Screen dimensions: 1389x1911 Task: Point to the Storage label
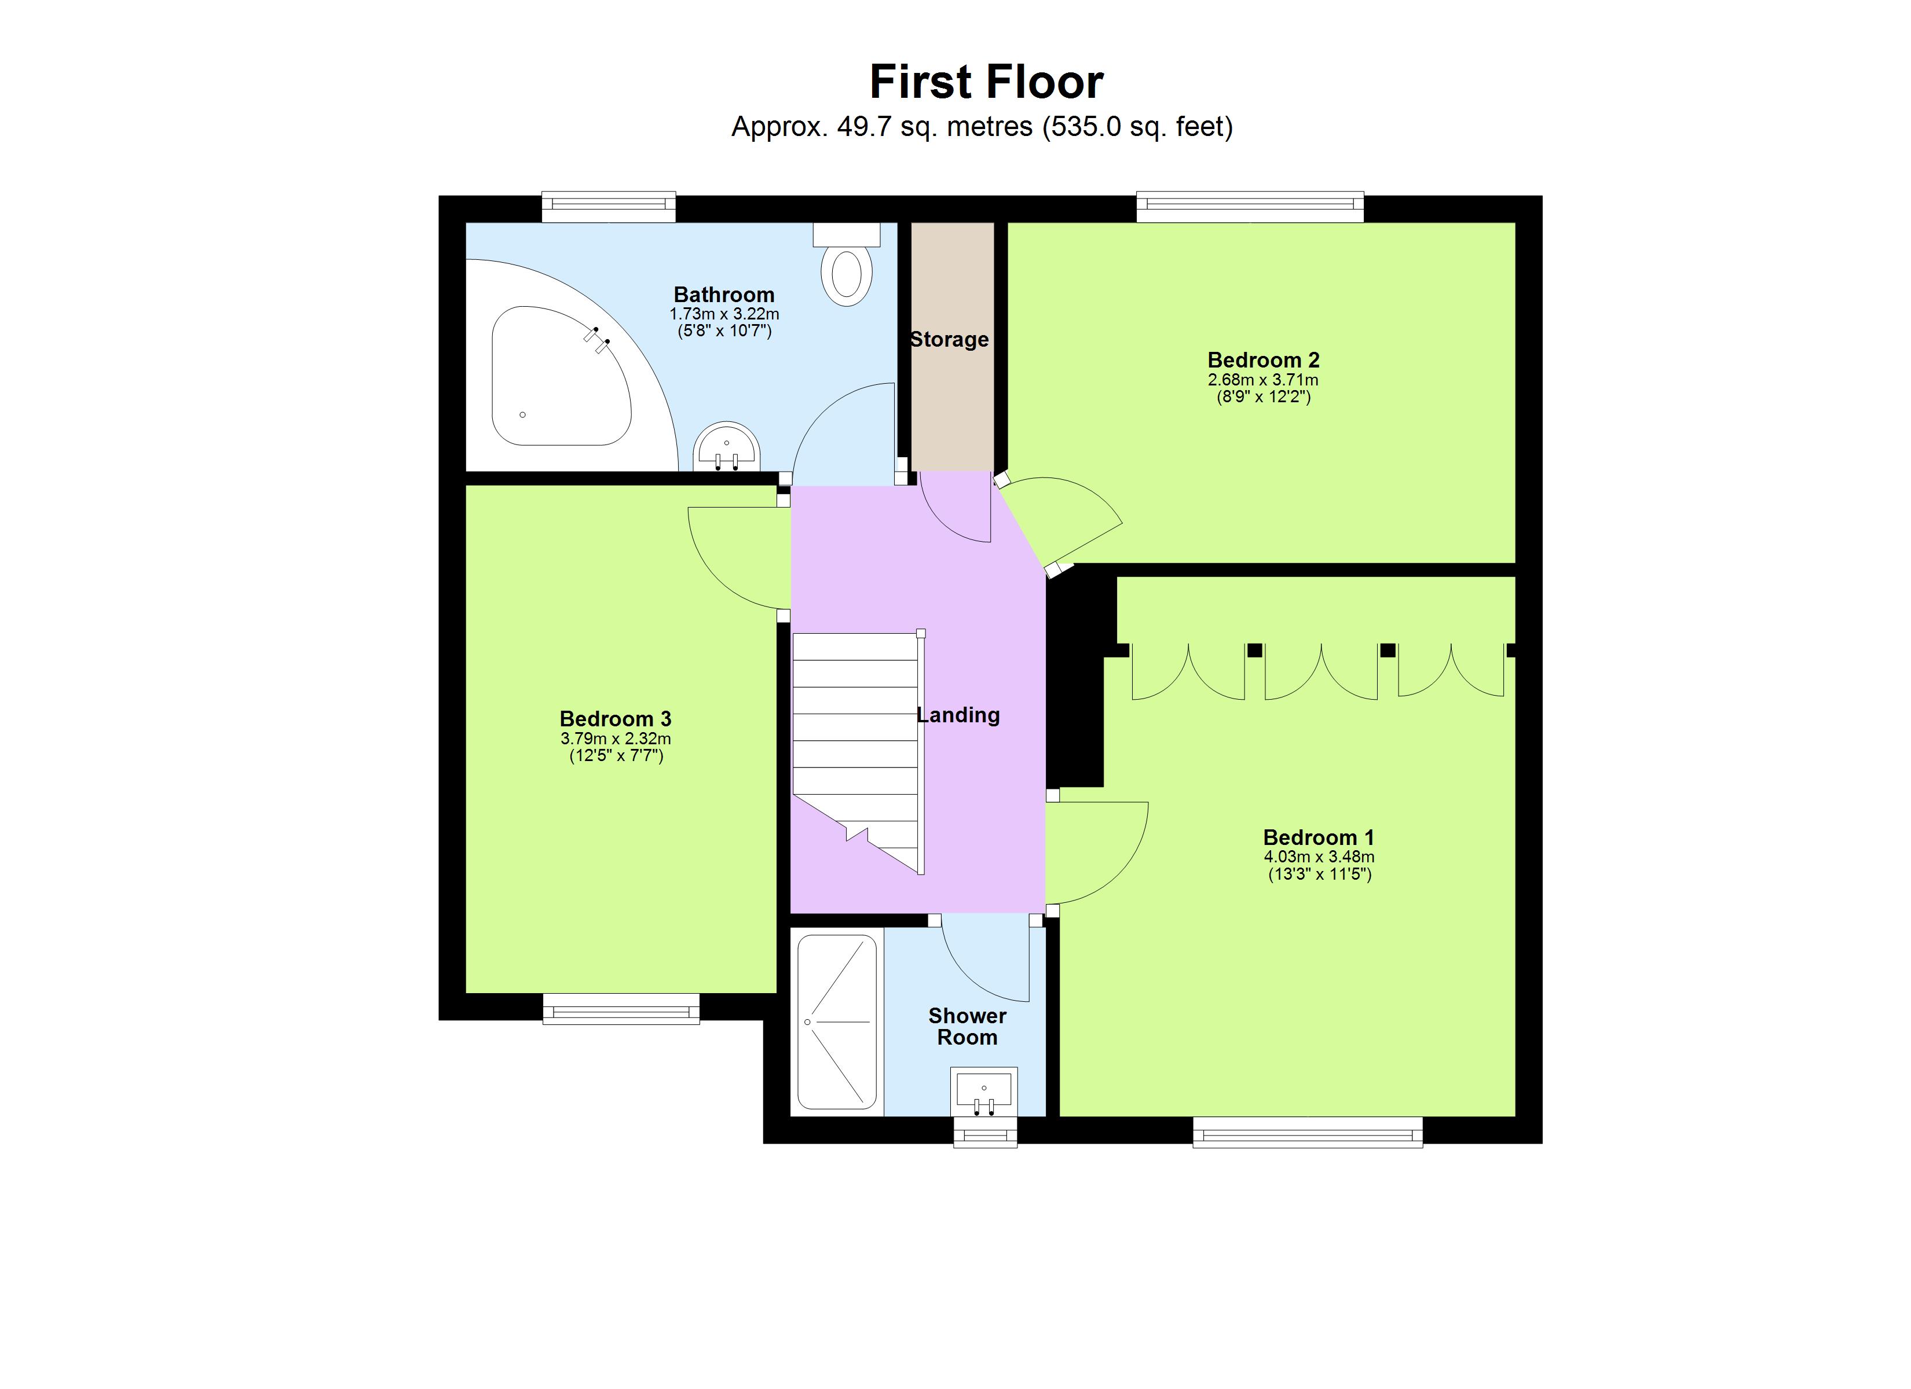950,340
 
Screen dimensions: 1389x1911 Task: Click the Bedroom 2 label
1263,361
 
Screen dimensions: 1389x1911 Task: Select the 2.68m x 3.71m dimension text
1263,380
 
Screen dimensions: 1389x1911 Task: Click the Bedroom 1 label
1319,837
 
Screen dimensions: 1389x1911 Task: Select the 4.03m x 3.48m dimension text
1319,857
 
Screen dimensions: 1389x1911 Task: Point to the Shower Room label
967,1026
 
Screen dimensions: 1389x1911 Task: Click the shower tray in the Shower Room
837,1021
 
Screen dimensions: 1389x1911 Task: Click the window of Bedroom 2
1250,207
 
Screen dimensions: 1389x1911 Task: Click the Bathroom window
609,207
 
